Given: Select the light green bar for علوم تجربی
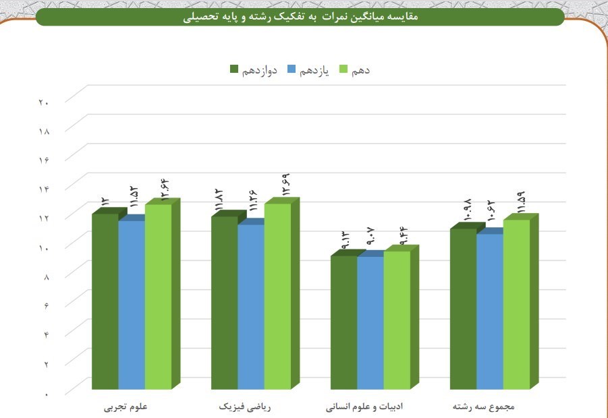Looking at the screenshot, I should coord(158,297).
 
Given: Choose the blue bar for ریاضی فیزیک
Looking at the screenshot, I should coord(250,307).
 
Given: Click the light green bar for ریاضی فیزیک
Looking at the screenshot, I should coord(277,297).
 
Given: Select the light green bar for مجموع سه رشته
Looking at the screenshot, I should coord(516,303).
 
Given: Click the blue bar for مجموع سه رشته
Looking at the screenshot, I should coord(489,310).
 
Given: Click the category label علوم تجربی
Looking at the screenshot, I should coord(126,407).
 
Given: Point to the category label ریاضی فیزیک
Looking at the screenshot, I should coord(244,407).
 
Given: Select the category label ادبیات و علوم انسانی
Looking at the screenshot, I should coord(364,407).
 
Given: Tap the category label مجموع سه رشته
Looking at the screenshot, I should coord(484,407).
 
